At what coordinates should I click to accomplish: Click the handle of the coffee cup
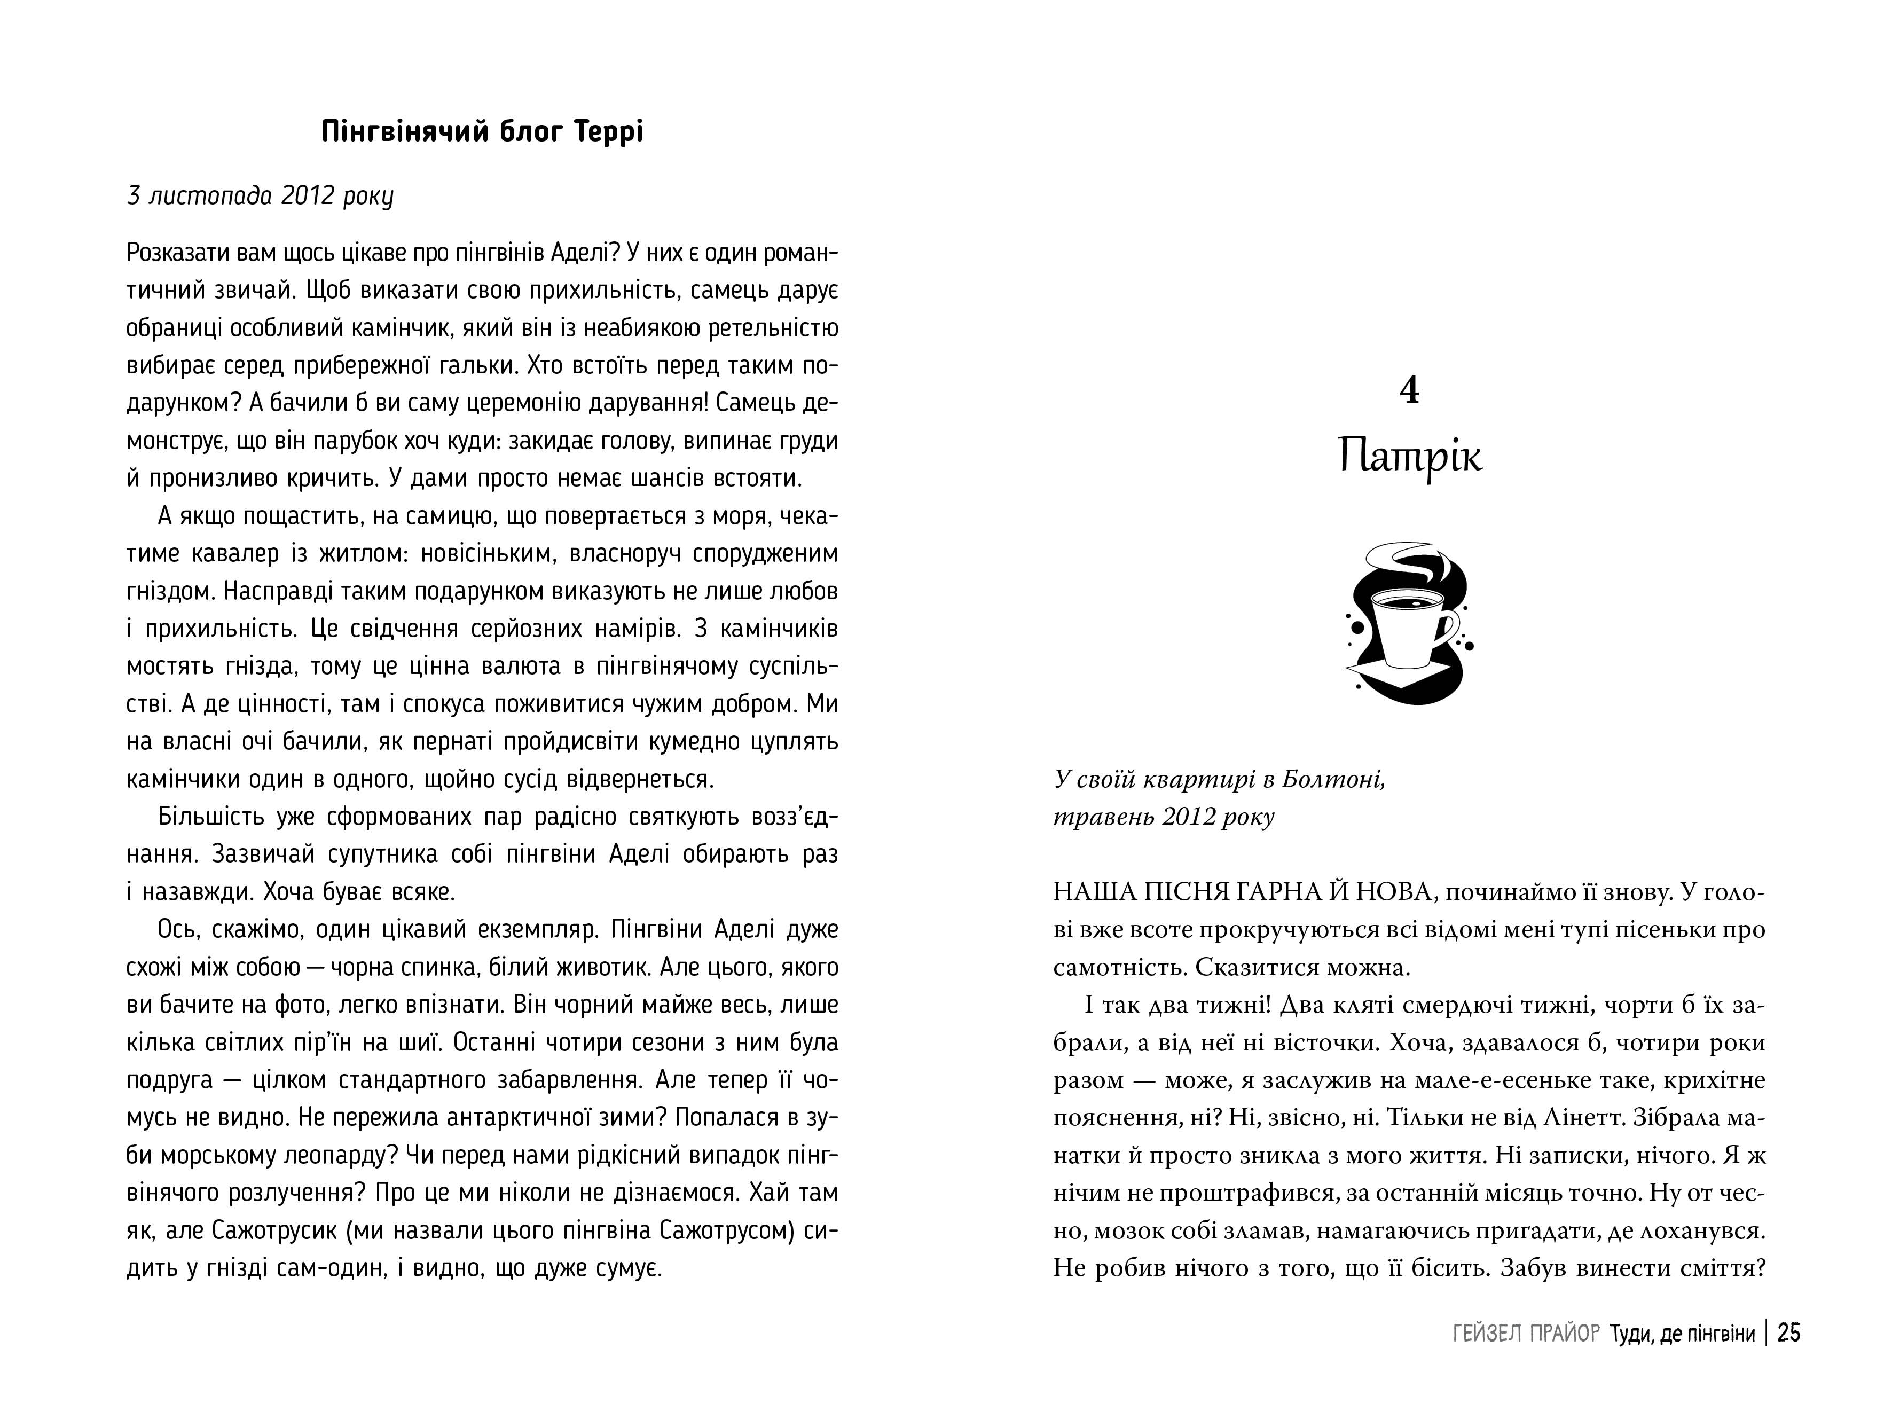click(1449, 629)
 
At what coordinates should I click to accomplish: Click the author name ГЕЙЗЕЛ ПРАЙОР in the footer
click(1526, 1334)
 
